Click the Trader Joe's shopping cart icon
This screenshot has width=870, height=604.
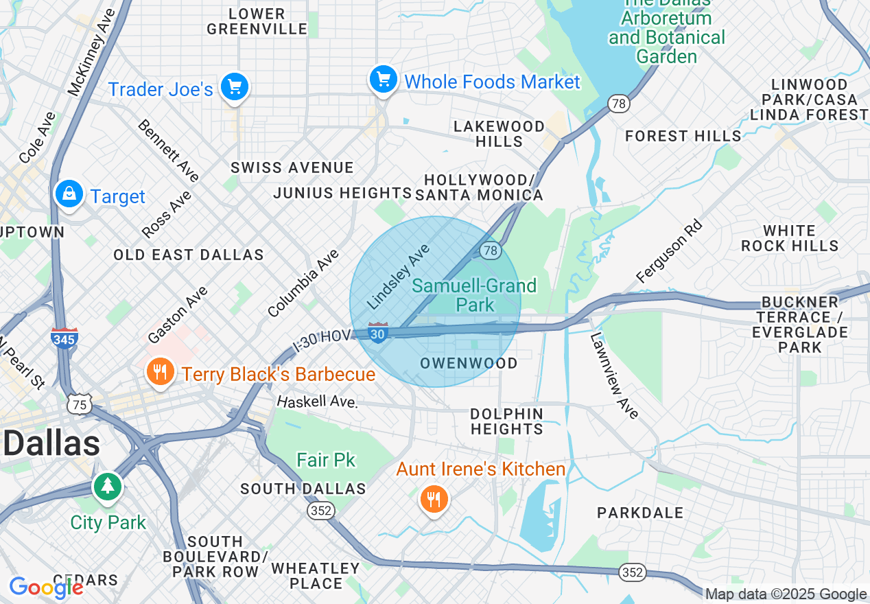[235, 88]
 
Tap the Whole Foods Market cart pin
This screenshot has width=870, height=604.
[383, 80]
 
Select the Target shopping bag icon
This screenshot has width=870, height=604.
[69, 194]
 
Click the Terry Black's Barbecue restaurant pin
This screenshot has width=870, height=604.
[159, 372]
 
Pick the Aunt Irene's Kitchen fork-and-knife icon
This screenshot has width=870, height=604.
[433, 499]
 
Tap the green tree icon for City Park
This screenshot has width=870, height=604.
[107, 487]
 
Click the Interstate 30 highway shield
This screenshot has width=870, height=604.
[377, 333]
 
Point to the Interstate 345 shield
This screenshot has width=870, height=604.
[64, 338]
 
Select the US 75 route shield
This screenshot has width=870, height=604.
[80, 405]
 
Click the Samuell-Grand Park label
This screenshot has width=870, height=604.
[474, 294]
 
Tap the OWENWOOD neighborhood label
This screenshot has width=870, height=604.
[469, 363]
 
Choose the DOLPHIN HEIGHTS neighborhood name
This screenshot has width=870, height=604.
[506, 421]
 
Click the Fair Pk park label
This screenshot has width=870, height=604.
[326, 459]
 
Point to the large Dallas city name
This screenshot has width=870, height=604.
[51, 443]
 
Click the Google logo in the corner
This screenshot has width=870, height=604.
[45, 588]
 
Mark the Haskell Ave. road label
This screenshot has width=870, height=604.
[317, 401]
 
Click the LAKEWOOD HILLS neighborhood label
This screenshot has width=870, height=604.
[499, 134]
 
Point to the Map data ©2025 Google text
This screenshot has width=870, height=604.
[786, 594]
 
